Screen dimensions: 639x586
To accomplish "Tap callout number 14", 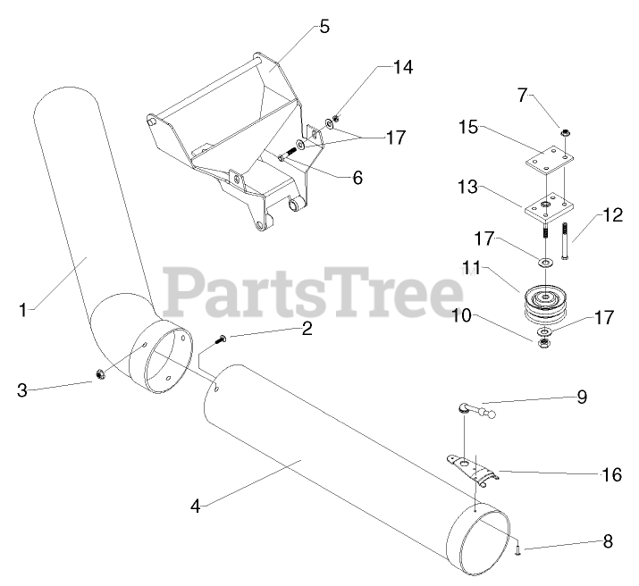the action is (404, 68).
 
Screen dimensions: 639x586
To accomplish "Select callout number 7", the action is (524, 94).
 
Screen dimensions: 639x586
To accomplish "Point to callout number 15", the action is (469, 128).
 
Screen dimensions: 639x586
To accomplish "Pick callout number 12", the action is (611, 214).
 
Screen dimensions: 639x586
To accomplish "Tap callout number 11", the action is (471, 267).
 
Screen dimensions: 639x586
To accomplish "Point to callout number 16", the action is (611, 474).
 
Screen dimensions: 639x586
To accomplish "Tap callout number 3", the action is (23, 390).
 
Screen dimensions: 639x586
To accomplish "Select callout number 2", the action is (307, 329).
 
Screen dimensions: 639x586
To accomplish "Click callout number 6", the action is (357, 177).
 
